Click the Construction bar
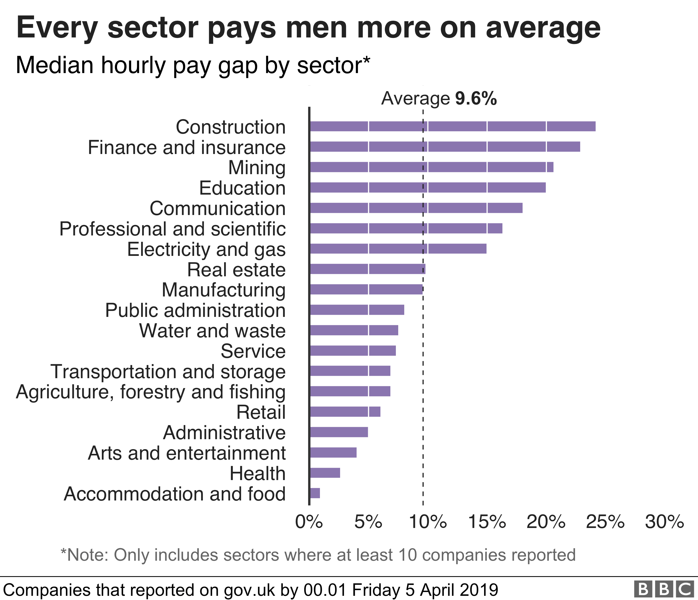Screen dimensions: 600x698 click(x=452, y=126)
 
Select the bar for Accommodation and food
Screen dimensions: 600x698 click(x=315, y=493)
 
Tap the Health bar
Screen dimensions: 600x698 click(x=325, y=473)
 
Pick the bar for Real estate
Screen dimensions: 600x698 click(x=367, y=269)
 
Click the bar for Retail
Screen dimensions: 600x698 click(x=345, y=412)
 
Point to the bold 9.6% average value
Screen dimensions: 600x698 click(x=476, y=98)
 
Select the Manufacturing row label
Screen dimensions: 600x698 click(x=224, y=290)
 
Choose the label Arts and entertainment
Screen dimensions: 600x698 click(x=187, y=453)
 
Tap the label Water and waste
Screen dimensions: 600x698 click(x=212, y=331)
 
